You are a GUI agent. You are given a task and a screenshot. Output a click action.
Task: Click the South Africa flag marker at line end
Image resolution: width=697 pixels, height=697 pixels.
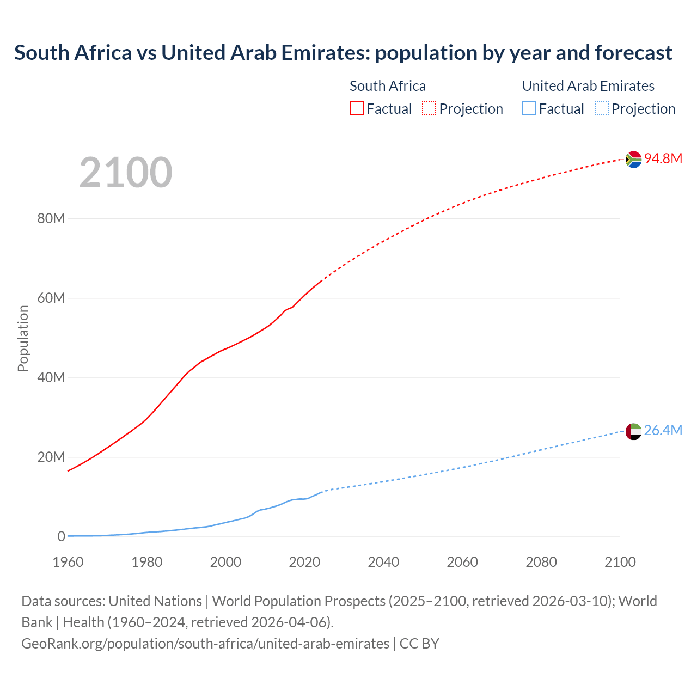tap(633, 160)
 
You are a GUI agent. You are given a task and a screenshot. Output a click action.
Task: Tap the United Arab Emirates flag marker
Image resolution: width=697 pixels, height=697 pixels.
tap(633, 431)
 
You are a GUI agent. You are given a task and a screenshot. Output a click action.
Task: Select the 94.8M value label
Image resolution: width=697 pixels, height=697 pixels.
tap(663, 158)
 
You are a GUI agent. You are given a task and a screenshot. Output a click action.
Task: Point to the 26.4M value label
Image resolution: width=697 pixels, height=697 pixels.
tap(663, 430)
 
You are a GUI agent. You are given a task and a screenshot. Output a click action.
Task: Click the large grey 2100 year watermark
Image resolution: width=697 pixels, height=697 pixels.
tap(126, 173)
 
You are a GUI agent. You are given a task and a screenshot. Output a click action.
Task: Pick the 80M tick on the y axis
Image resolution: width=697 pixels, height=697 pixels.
tap(51, 219)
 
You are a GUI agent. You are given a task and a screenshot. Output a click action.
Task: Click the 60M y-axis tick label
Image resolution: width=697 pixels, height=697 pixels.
tap(51, 298)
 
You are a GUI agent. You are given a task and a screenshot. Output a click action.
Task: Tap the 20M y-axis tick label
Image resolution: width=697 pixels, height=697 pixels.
tap(51, 457)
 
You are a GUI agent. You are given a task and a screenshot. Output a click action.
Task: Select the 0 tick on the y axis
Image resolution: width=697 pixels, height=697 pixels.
tap(61, 536)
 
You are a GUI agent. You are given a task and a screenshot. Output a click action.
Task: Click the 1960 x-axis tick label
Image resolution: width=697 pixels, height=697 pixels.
tap(68, 562)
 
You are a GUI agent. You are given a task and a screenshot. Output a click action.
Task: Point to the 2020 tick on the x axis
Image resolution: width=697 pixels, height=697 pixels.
tap(304, 562)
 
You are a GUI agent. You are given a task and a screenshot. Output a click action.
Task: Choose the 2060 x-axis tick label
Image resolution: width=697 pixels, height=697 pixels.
tap(462, 562)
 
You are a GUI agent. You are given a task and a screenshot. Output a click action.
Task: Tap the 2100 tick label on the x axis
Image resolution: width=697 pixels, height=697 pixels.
tap(620, 562)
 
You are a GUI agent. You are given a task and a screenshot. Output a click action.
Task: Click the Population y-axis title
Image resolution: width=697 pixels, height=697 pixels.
tap(23, 338)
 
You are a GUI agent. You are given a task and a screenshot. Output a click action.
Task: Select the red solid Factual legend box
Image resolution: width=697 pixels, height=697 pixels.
tap(357, 109)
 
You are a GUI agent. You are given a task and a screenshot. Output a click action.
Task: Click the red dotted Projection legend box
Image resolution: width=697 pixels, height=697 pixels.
tap(429, 109)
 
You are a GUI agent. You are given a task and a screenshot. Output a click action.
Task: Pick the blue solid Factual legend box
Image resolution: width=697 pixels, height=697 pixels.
tap(529, 109)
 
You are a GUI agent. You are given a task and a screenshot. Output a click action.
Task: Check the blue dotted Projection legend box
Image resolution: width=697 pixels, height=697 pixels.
tap(602, 109)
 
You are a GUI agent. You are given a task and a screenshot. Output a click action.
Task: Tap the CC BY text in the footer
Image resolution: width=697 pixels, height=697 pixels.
tap(419, 644)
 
